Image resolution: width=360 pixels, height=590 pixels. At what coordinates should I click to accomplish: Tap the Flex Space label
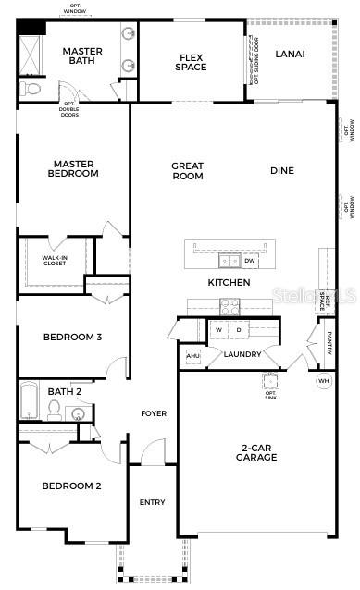(x=191, y=62)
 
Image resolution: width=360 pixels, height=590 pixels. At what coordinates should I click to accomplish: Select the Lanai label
(x=290, y=54)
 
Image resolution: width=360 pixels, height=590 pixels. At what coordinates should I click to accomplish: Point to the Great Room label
(x=187, y=171)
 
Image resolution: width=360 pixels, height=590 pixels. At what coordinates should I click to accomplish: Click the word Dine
(x=282, y=170)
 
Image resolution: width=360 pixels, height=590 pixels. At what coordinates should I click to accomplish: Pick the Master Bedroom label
(x=74, y=168)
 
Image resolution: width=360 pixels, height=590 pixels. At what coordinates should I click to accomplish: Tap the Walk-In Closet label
(x=55, y=260)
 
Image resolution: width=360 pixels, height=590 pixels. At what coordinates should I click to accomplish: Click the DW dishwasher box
(x=250, y=261)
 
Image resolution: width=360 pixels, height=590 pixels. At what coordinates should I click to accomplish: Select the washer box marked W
(x=219, y=329)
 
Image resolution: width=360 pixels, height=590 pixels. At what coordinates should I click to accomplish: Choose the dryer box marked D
(x=238, y=329)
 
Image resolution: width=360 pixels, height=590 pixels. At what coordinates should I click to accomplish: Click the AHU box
(x=193, y=355)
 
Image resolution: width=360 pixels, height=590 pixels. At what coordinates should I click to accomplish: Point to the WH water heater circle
(x=323, y=380)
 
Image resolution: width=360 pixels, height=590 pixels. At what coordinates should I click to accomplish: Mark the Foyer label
(x=154, y=413)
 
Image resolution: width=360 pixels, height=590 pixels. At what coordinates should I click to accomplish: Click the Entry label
(x=152, y=502)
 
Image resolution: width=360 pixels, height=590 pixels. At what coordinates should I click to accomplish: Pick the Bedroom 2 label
(x=72, y=486)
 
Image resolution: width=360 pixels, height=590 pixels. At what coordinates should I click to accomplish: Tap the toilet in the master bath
(x=30, y=90)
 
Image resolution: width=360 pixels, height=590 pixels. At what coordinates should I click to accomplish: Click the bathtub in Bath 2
(x=29, y=402)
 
